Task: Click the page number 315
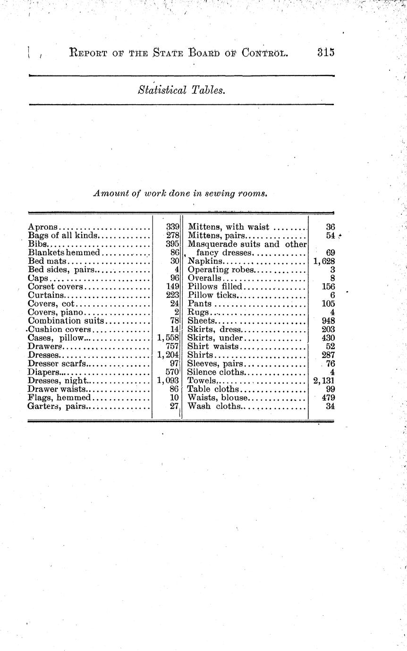coord(326,52)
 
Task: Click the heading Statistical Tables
coord(181,90)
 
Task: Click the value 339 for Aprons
coord(173,227)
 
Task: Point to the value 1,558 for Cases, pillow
coord(168,338)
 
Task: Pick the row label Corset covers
coord(55,286)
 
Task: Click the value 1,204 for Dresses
coord(168,355)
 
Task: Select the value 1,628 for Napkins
coord(324,261)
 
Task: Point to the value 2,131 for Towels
coord(324,380)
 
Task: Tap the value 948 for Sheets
coord(328,321)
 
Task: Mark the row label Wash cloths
coord(214,406)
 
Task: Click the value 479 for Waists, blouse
coord(328,397)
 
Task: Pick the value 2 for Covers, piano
coord(176,312)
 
